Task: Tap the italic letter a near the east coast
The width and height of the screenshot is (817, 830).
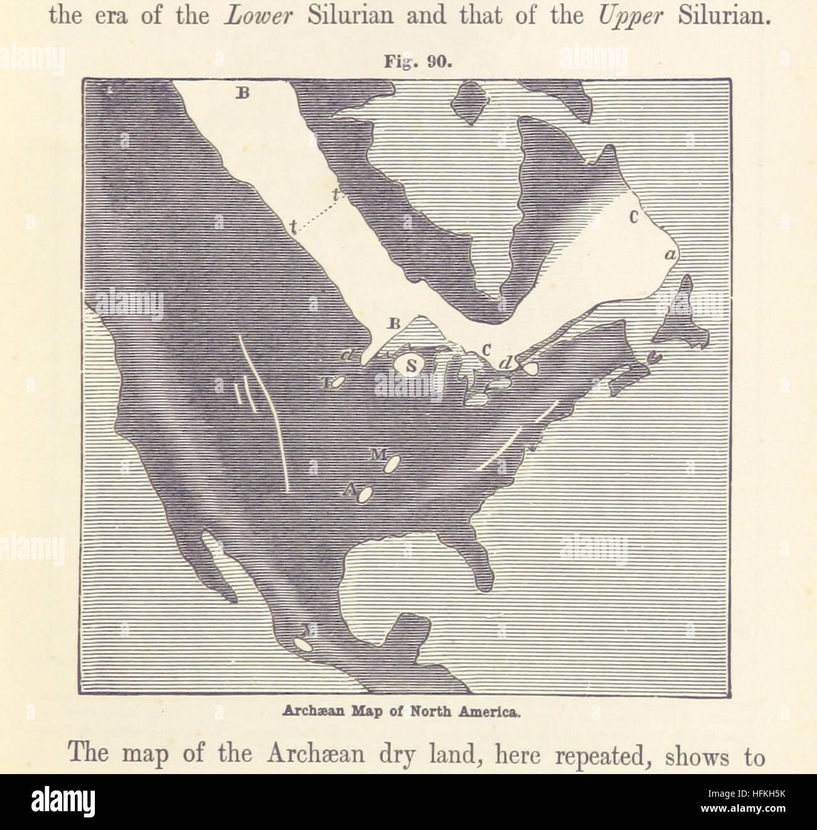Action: [x=670, y=254]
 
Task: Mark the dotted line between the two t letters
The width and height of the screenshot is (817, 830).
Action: [x=317, y=214]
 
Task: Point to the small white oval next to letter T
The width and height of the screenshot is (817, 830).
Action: [x=338, y=381]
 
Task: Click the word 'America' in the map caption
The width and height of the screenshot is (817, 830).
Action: [x=491, y=713]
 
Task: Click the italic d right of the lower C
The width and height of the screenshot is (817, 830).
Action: [x=505, y=363]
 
